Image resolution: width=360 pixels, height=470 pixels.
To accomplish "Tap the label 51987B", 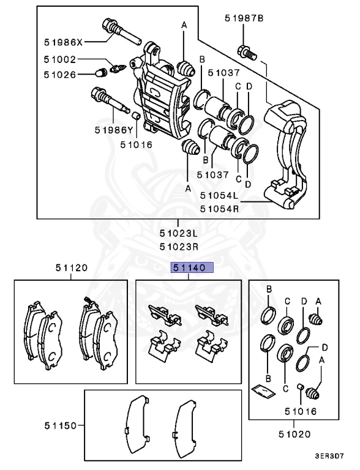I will point(244,19).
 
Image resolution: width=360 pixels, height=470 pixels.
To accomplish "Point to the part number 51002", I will point(60,61).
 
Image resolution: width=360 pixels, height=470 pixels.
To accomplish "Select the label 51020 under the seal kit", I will point(295,434).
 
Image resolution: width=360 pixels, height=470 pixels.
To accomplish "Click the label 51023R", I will point(179,247).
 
